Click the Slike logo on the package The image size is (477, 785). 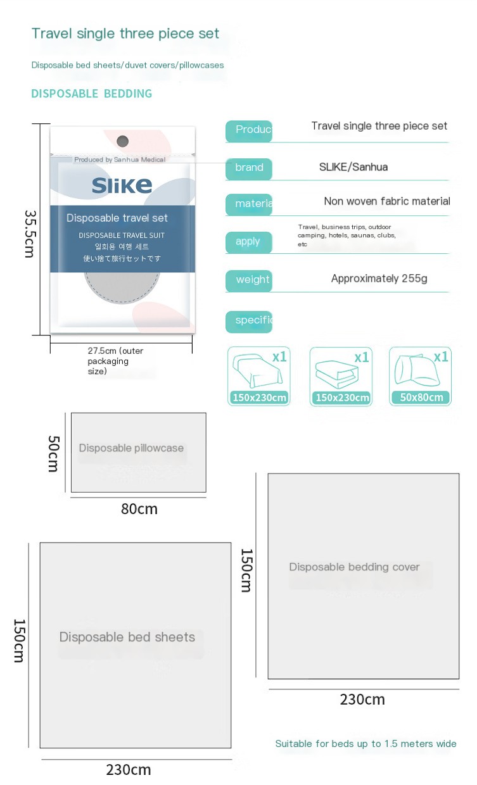122,184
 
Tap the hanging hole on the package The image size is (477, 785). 123,141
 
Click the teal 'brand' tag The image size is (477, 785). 249,168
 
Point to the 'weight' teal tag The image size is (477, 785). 251,280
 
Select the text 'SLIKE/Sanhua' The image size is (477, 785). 353,167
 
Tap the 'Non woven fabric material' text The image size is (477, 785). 386,201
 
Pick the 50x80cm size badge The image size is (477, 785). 420,398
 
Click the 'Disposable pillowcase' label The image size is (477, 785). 131,448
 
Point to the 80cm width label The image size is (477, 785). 139,508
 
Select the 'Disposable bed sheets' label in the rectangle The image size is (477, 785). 127,637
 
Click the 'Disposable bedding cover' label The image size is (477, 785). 354,567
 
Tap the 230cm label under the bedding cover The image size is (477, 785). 362,700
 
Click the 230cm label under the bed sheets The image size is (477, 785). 129,770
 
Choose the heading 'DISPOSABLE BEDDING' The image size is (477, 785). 92,94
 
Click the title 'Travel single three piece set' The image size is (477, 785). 125,34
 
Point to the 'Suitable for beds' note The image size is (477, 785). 366,744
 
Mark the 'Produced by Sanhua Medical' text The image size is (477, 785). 120,160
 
